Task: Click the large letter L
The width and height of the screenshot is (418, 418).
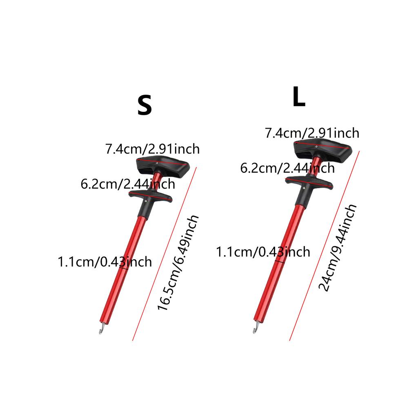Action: point(298,97)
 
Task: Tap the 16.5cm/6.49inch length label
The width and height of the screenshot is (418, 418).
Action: point(178,262)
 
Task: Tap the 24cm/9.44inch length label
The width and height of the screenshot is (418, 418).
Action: point(338,248)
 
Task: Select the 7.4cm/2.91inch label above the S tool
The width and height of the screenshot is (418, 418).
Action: point(153,149)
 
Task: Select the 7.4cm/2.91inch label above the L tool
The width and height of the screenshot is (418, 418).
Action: point(312,133)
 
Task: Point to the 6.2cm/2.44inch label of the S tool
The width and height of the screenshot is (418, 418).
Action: point(128,184)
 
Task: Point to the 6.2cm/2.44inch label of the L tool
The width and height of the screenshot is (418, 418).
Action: point(287,168)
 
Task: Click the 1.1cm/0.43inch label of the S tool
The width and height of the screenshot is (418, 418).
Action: point(105,262)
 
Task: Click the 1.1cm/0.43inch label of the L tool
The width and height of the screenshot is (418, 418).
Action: point(263,252)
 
